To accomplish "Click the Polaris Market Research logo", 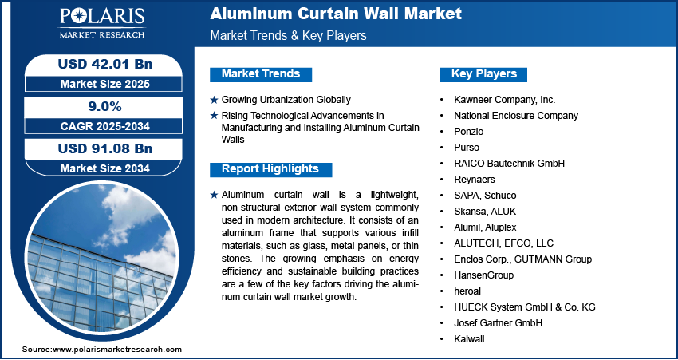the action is click(102, 22).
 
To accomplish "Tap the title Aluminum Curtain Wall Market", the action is click(336, 14).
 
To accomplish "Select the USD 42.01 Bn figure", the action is click(105, 64).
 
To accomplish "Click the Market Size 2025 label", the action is click(105, 84).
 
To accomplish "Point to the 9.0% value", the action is click(104, 106).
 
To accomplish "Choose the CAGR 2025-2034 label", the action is click(105, 126).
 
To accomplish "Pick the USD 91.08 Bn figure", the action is click(105, 148).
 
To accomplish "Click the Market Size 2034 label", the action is click(105, 168).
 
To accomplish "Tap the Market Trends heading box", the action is click(261, 74).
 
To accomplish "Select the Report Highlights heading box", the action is click(270, 169).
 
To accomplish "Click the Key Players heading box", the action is click(483, 74).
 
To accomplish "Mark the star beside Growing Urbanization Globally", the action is click(214, 100).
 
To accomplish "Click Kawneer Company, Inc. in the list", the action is click(505, 100).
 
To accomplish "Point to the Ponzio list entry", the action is click(469, 132).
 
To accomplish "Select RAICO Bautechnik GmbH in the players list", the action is click(510, 164).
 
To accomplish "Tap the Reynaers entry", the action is click(475, 180).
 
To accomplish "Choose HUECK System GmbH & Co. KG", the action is click(525, 307).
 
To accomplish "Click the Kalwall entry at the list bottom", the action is click(469, 339).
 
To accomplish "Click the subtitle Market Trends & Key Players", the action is click(289, 35).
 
